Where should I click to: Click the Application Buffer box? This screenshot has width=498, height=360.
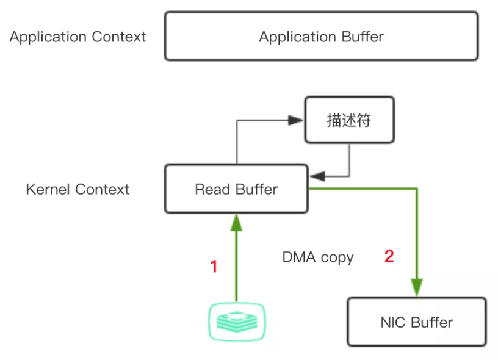point(321,37)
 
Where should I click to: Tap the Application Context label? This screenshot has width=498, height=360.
point(78,37)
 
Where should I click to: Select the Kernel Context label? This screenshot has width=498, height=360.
point(78,189)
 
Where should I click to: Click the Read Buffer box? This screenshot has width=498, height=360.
point(236,189)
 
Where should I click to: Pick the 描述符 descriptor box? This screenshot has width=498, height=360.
point(348,120)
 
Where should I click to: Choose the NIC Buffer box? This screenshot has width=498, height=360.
point(416,322)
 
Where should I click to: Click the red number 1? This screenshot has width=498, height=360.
point(214,267)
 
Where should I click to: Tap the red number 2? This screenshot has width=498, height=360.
point(389,256)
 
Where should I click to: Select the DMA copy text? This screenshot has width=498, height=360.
point(317,257)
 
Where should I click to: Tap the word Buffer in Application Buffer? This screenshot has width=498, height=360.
point(363,37)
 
